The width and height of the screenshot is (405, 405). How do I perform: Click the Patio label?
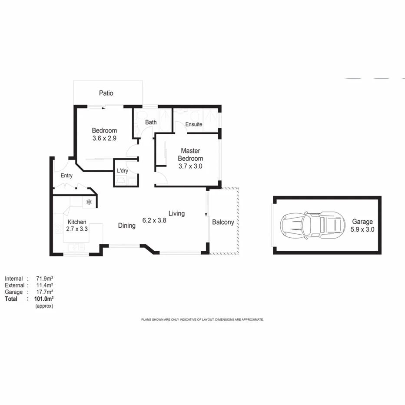(x=106, y=93)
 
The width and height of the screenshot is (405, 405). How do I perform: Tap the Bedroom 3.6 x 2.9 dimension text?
(x=104, y=139)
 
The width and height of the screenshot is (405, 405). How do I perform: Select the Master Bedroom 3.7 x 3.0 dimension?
(x=190, y=166)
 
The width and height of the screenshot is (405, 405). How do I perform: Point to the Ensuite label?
(x=193, y=124)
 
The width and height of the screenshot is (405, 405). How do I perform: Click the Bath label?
(x=151, y=123)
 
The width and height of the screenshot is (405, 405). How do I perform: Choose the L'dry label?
(x=123, y=171)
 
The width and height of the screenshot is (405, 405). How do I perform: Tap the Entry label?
(x=66, y=176)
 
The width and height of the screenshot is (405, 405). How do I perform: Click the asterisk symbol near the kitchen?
(x=89, y=202)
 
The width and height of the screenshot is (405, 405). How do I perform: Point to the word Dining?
(x=127, y=226)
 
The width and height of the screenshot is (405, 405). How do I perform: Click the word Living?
(x=176, y=213)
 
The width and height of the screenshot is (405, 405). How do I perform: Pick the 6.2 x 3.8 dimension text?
(x=154, y=220)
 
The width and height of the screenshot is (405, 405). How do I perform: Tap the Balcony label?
(x=223, y=222)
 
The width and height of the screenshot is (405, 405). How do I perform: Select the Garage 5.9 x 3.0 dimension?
(x=363, y=229)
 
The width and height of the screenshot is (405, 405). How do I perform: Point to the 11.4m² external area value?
(x=43, y=285)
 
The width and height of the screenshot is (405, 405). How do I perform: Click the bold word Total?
(x=11, y=299)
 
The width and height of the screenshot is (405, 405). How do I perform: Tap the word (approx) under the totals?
(x=44, y=306)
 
